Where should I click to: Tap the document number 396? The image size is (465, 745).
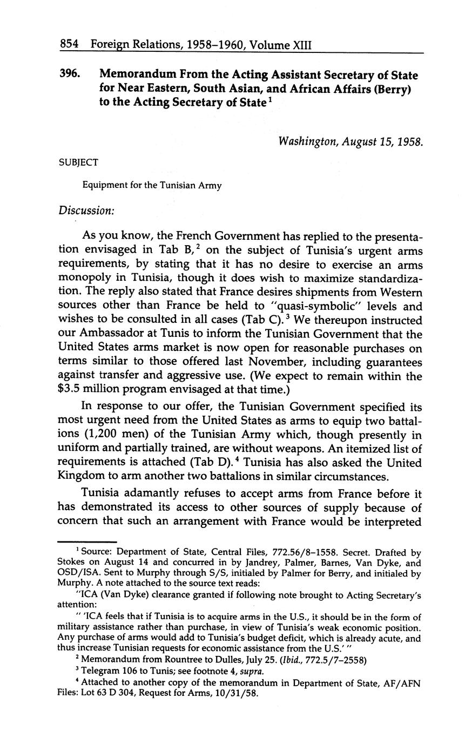[x=70, y=75]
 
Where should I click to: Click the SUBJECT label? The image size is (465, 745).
[x=78, y=162]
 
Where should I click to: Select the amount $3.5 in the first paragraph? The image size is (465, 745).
[x=71, y=390]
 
